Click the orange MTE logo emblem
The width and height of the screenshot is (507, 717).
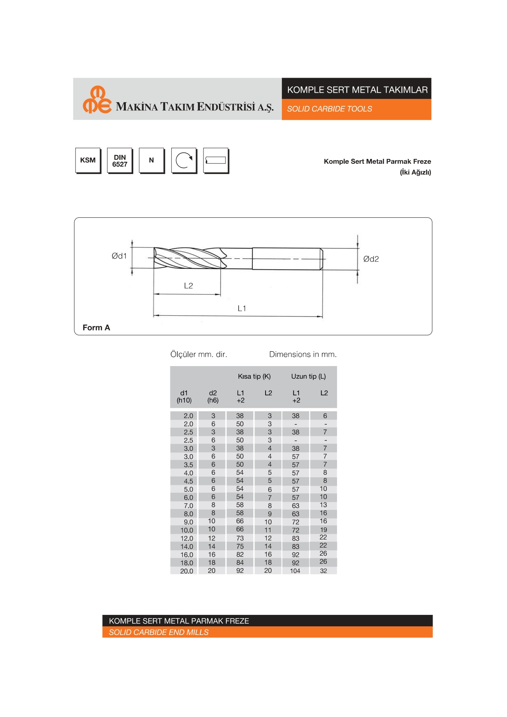[x=97, y=100]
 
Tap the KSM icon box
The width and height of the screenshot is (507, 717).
[x=88, y=160]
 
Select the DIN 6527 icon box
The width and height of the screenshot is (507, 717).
[x=120, y=161]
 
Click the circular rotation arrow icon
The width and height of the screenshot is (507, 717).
[x=184, y=161]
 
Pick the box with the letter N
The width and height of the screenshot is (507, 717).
[x=152, y=161]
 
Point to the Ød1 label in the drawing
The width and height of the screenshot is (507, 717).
[x=119, y=256]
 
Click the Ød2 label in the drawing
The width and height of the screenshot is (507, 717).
[x=371, y=259]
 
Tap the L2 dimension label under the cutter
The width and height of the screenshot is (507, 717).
[x=188, y=286]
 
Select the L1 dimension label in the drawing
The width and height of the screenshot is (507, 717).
[x=242, y=308]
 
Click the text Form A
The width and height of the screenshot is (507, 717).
[x=96, y=328]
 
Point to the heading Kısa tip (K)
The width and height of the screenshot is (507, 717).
[x=254, y=376]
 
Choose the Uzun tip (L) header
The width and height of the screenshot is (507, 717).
[x=308, y=376]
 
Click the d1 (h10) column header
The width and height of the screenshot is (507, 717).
[x=184, y=397]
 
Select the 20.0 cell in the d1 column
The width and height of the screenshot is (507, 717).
[x=187, y=571]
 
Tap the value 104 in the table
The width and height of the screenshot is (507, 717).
[x=295, y=571]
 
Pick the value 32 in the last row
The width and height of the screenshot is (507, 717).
[x=324, y=571]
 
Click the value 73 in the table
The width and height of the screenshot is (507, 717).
[x=240, y=538]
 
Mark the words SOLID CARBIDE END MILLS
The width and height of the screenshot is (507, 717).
[x=159, y=632]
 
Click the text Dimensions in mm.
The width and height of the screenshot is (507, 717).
[x=303, y=355]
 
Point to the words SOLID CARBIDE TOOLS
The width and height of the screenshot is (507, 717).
[x=329, y=109]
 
